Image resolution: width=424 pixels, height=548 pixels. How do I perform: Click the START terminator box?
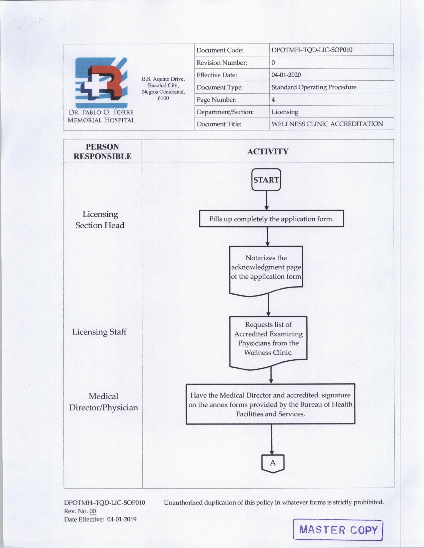click(x=266, y=180)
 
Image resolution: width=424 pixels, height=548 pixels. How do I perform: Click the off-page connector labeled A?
click(x=273, y=463)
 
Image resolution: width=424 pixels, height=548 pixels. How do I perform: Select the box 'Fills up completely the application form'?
click(x=271, y=219)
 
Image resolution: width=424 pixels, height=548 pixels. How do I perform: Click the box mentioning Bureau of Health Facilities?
click(x=270, y=404)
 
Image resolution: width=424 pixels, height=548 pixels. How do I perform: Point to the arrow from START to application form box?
click(x=266, y=200)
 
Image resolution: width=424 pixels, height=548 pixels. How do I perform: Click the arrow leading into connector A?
click(x=272, y=439)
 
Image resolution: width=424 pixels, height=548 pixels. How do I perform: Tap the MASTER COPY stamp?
click(x=338, y=529)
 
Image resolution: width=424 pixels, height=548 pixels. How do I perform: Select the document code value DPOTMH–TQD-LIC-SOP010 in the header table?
click(x=312, y=50)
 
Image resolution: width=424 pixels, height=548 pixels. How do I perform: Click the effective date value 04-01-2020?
click(x=286, y=75)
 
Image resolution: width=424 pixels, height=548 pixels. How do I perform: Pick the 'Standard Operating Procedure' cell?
click(x=314, y=87)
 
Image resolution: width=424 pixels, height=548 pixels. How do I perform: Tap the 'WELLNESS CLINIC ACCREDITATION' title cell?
click(x=327, y=124)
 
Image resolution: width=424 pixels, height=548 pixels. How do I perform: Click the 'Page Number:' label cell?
click(x=216, y=100)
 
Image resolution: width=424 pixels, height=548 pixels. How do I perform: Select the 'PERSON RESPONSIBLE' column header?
click(x=102, y=151)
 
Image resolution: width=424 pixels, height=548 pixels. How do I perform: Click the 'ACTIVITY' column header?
click(x=268, y=151)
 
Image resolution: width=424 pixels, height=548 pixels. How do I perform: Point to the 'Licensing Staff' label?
click(x=99, y=332)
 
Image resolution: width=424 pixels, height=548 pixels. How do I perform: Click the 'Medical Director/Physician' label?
click(x=103, y=402)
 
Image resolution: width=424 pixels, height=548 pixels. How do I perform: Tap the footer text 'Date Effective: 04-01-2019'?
click(x=100, y=519)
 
